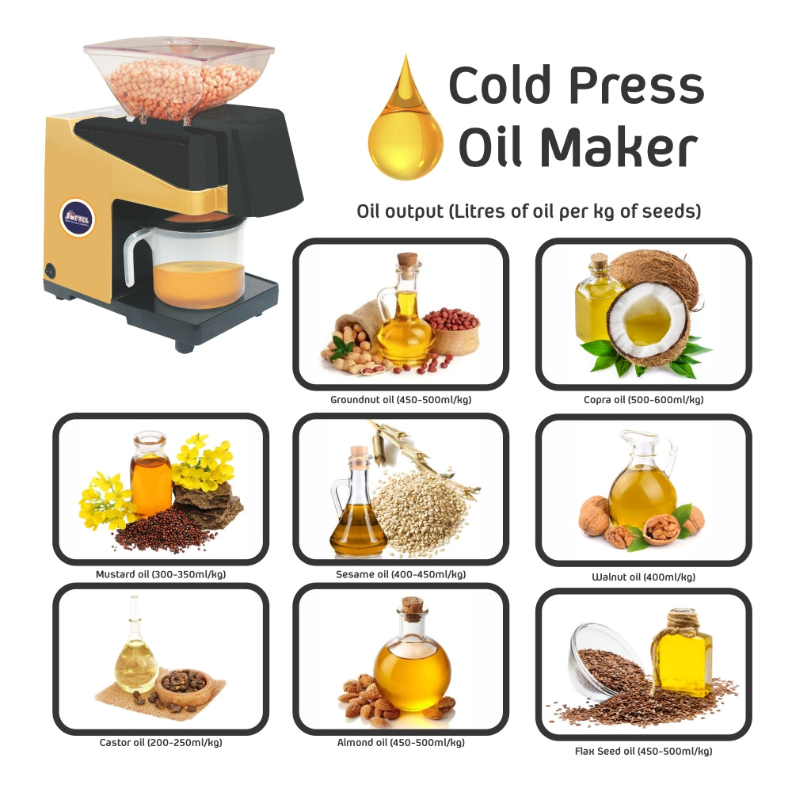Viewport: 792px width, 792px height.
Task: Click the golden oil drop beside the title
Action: [406, 127]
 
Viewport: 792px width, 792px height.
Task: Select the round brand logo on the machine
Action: [78, 217]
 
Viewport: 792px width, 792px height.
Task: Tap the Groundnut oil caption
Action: [401, 400]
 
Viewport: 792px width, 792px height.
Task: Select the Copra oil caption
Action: [643, 400]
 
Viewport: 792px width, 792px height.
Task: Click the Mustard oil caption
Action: [161, 574]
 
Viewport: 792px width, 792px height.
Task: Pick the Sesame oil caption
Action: [401, 574]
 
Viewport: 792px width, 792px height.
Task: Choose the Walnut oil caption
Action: [643, 577]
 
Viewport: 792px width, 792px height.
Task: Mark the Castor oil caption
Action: [161, 743]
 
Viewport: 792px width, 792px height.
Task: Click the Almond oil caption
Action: [401, 743]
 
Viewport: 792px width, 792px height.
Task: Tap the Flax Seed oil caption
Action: [643, 751]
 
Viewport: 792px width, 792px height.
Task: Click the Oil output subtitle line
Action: [528, 212]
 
